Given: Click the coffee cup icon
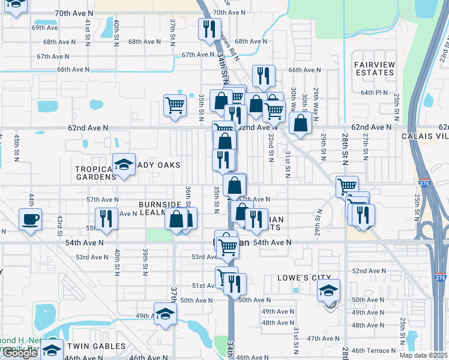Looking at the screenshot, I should point(30,219).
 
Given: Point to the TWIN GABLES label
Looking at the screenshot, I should point(96,346).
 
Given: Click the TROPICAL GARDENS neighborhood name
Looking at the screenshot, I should point(95,173).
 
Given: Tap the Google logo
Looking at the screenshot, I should point(20,353).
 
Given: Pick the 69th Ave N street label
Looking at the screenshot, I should point(45,28).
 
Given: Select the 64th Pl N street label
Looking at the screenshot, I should point(373,92).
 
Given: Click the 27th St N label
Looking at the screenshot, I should point(364,145).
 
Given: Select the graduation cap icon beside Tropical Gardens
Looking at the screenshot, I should point(124,165).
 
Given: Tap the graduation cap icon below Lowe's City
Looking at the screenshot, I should point(328,291).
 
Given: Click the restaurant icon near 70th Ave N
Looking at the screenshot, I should point(209,29).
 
